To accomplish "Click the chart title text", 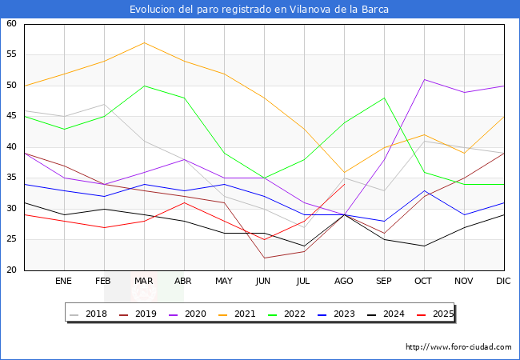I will coord(260,10).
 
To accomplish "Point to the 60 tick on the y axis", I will coord(12,24).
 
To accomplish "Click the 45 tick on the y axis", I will coord(12,116).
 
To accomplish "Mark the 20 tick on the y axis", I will coord(12,270).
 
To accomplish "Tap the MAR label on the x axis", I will coord(144,282).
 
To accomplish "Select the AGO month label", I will coord(344,282).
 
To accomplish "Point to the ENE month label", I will coord(64,282).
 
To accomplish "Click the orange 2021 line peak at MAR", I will coord(144,42).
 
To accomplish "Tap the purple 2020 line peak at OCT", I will coord(424,79).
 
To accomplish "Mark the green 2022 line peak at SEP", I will coord(384,98).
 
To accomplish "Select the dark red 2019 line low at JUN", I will coord(264,258).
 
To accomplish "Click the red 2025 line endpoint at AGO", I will coord(344,184).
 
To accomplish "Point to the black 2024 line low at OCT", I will coord(424,246).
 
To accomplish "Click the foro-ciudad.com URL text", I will coord(458,347).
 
